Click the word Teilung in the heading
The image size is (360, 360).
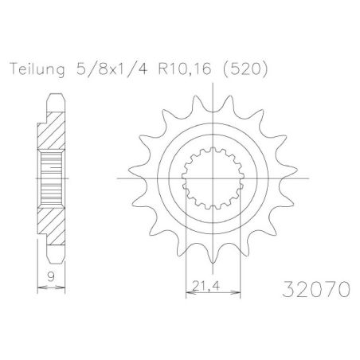[33, 68]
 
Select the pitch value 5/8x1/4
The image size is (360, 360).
[90, 68]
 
